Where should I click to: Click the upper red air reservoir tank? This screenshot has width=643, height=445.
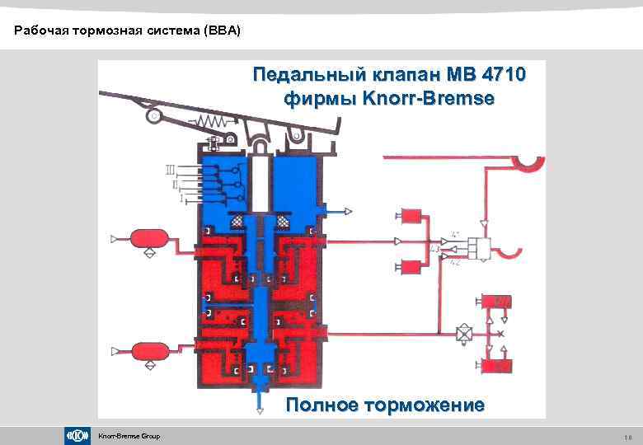tap(148, 239)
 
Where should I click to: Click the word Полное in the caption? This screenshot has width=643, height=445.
tap(322, 405)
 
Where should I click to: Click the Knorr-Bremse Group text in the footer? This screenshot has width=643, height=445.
tap(129, 436)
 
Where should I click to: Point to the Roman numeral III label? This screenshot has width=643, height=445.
tap(170, 170)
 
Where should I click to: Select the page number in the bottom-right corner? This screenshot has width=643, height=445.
tap(627, 436)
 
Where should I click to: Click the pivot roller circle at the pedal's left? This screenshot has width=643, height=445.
tap(153, 116)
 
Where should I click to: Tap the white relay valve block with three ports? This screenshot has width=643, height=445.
tap(480, 246)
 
